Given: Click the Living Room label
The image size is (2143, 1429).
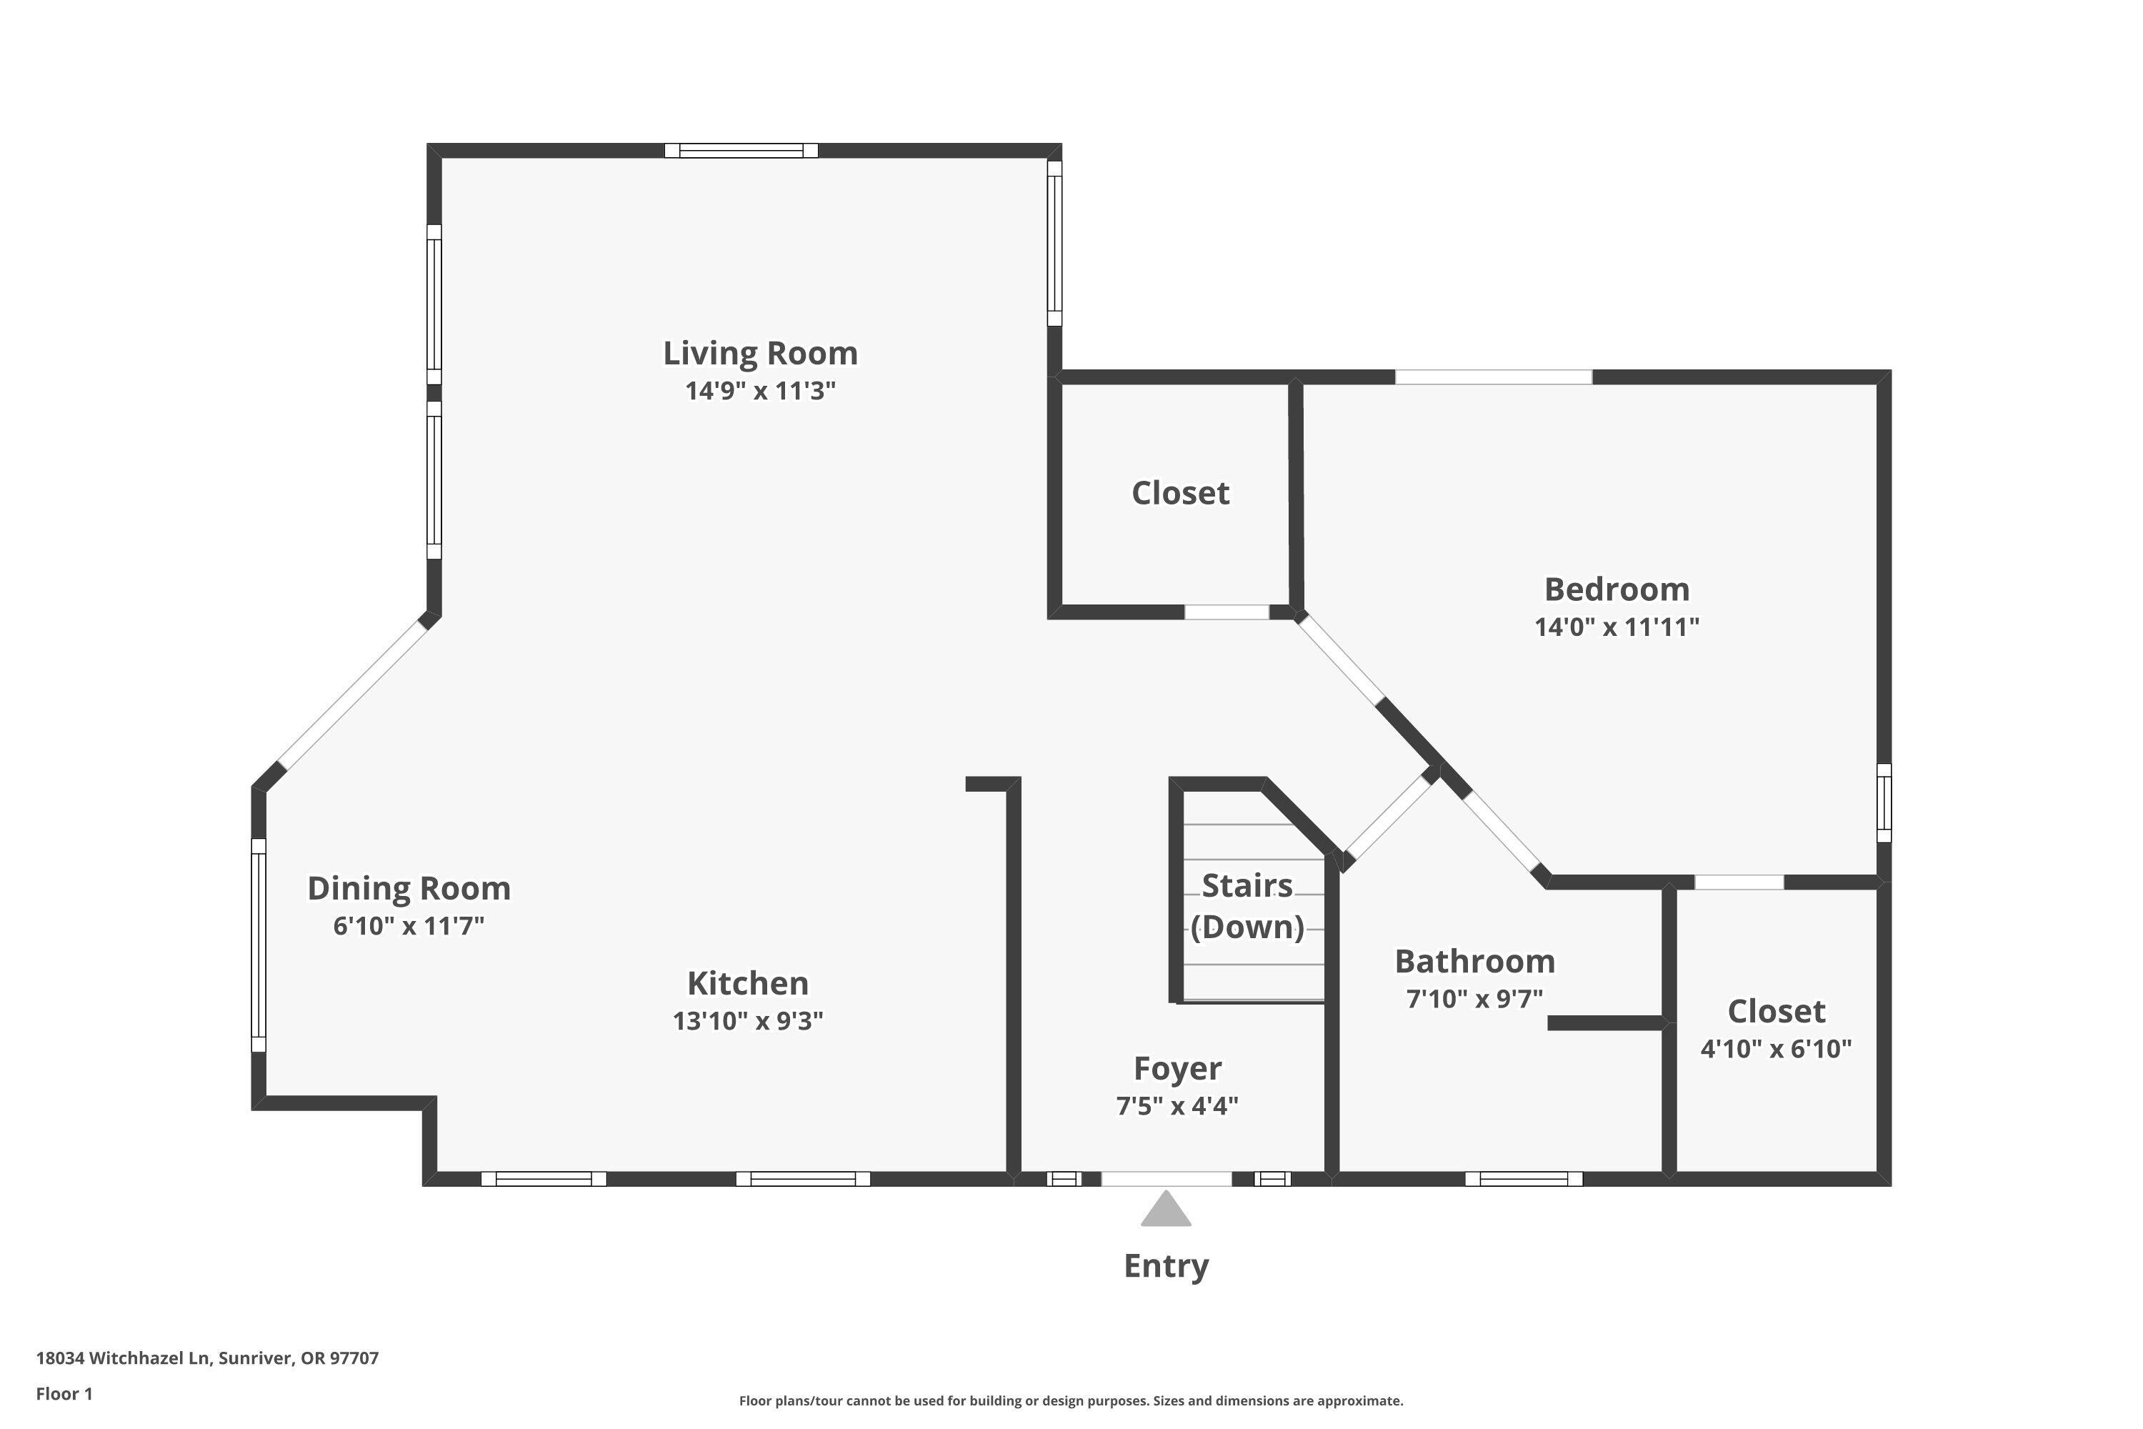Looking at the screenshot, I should [760, 353].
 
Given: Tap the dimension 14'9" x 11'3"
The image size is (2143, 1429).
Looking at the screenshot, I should [760, 391].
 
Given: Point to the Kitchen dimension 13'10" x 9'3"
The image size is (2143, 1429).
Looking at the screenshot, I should [747, 1021].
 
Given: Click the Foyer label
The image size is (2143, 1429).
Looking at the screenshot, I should [1177, 1068].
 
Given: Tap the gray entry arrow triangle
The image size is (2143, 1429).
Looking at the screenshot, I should [1167, 1211].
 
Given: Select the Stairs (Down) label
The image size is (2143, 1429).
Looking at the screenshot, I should [1247, 905].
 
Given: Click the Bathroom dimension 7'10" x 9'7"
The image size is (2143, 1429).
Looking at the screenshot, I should [1474, 999].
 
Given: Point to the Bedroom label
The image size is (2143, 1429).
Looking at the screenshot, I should [1617, 589].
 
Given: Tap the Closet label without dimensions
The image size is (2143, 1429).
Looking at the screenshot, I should [1180, 492].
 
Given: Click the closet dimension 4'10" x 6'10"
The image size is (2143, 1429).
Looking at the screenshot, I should [1776, 1048].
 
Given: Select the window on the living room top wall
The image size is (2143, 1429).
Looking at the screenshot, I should [741, 150].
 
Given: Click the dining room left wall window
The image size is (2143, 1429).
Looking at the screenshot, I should [259, 945].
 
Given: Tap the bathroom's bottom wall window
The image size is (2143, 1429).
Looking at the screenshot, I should [1524, 1178].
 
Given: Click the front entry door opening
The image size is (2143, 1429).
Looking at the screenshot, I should [1167, 1178].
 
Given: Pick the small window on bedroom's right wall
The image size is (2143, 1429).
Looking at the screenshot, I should [1883, 802].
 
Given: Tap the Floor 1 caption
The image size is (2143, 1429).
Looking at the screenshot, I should [64, 1393].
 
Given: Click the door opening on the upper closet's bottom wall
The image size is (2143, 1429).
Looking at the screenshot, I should [1227, 612].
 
